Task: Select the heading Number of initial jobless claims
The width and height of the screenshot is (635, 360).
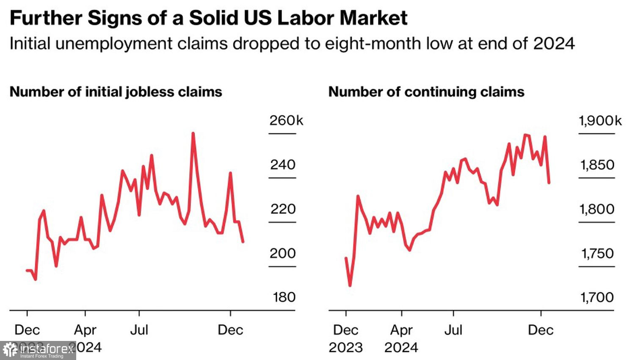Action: point(116,92)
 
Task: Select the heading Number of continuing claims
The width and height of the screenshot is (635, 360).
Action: point(426,92)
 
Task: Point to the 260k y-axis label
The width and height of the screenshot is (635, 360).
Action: point(286,121)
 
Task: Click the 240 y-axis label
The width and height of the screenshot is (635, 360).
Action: point(283,165)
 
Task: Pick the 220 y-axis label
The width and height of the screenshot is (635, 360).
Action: point(283,209)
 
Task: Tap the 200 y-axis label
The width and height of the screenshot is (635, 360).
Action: point(283,253)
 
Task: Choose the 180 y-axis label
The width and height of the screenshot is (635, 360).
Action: point(284,297)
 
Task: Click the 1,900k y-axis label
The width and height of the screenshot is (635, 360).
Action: point(600,121)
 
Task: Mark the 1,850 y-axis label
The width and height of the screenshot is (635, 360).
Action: point(597,165)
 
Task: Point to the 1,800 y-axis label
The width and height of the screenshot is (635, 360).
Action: point(597,209)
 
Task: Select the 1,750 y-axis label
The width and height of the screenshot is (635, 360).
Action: point(597,253)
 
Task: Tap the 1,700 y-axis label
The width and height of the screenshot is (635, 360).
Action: point(597,297)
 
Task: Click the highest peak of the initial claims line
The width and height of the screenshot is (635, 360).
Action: point(193,133)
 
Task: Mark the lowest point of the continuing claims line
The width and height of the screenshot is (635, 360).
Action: point(350,285)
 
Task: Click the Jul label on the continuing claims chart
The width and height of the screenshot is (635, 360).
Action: point(453,330)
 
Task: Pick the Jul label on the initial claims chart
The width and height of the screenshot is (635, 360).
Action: point(139,330)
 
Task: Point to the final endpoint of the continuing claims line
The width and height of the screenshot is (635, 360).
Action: point(549,183)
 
